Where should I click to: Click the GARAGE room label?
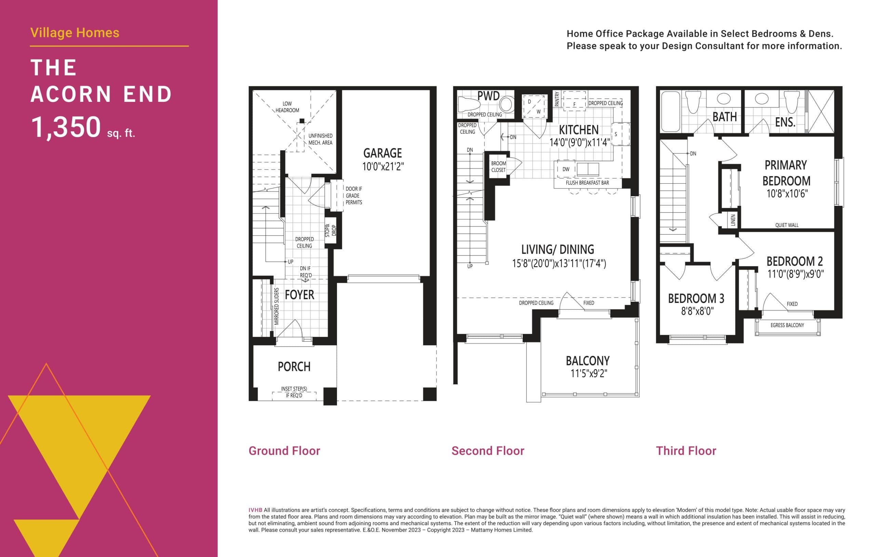[382, 153]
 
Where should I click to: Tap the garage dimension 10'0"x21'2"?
[382, 167]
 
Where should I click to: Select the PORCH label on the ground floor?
[294, 367]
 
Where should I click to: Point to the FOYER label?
[299, 295]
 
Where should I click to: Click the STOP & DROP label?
[330, 230]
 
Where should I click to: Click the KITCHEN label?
[578, 130]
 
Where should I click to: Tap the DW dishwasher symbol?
[566, 169]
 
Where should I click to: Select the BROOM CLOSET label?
[498, 167]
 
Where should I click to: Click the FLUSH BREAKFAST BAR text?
[587, 183]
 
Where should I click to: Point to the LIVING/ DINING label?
[557, 249]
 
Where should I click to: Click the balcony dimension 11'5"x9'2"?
[588, 373]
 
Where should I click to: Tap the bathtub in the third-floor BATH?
[670, 111]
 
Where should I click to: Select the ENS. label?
[785, 122]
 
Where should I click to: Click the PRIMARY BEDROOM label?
[786, 173]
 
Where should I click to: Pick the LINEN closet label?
[733, 220]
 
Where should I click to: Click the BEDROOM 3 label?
[696, 299]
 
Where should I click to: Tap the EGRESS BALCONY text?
[787, 326]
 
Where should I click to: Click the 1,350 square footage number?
[66, 127]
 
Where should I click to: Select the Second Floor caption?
[488, 451]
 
